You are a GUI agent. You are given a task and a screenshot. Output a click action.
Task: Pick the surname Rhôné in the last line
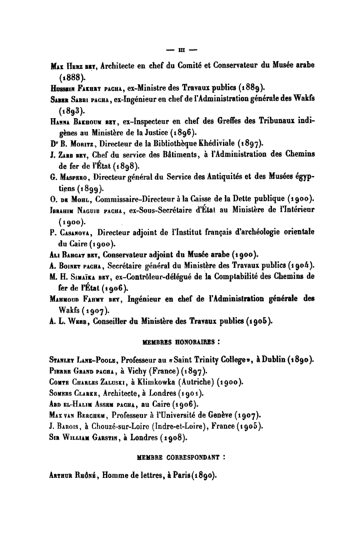83,475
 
